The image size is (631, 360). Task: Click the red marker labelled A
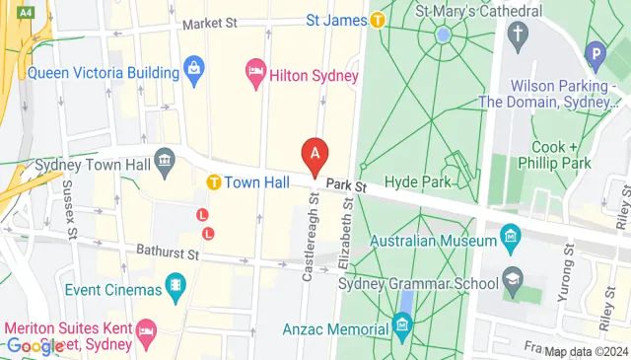point(315,155)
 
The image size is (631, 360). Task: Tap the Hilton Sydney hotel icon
point(254,71)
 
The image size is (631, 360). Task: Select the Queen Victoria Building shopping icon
point(194,70)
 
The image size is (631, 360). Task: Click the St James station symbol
point(378,20)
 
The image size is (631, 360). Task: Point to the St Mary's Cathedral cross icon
point(517,35)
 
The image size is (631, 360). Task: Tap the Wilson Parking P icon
point(594,53)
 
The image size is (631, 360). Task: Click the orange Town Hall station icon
point(213,182)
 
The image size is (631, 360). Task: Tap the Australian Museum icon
point(510,236)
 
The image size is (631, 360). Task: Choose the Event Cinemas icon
point(175,287)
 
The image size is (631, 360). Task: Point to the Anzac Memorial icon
point(401,324)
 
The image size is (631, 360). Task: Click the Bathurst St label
point(169,253)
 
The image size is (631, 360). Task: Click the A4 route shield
point(26,12)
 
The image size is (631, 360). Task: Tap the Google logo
point(35,346)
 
